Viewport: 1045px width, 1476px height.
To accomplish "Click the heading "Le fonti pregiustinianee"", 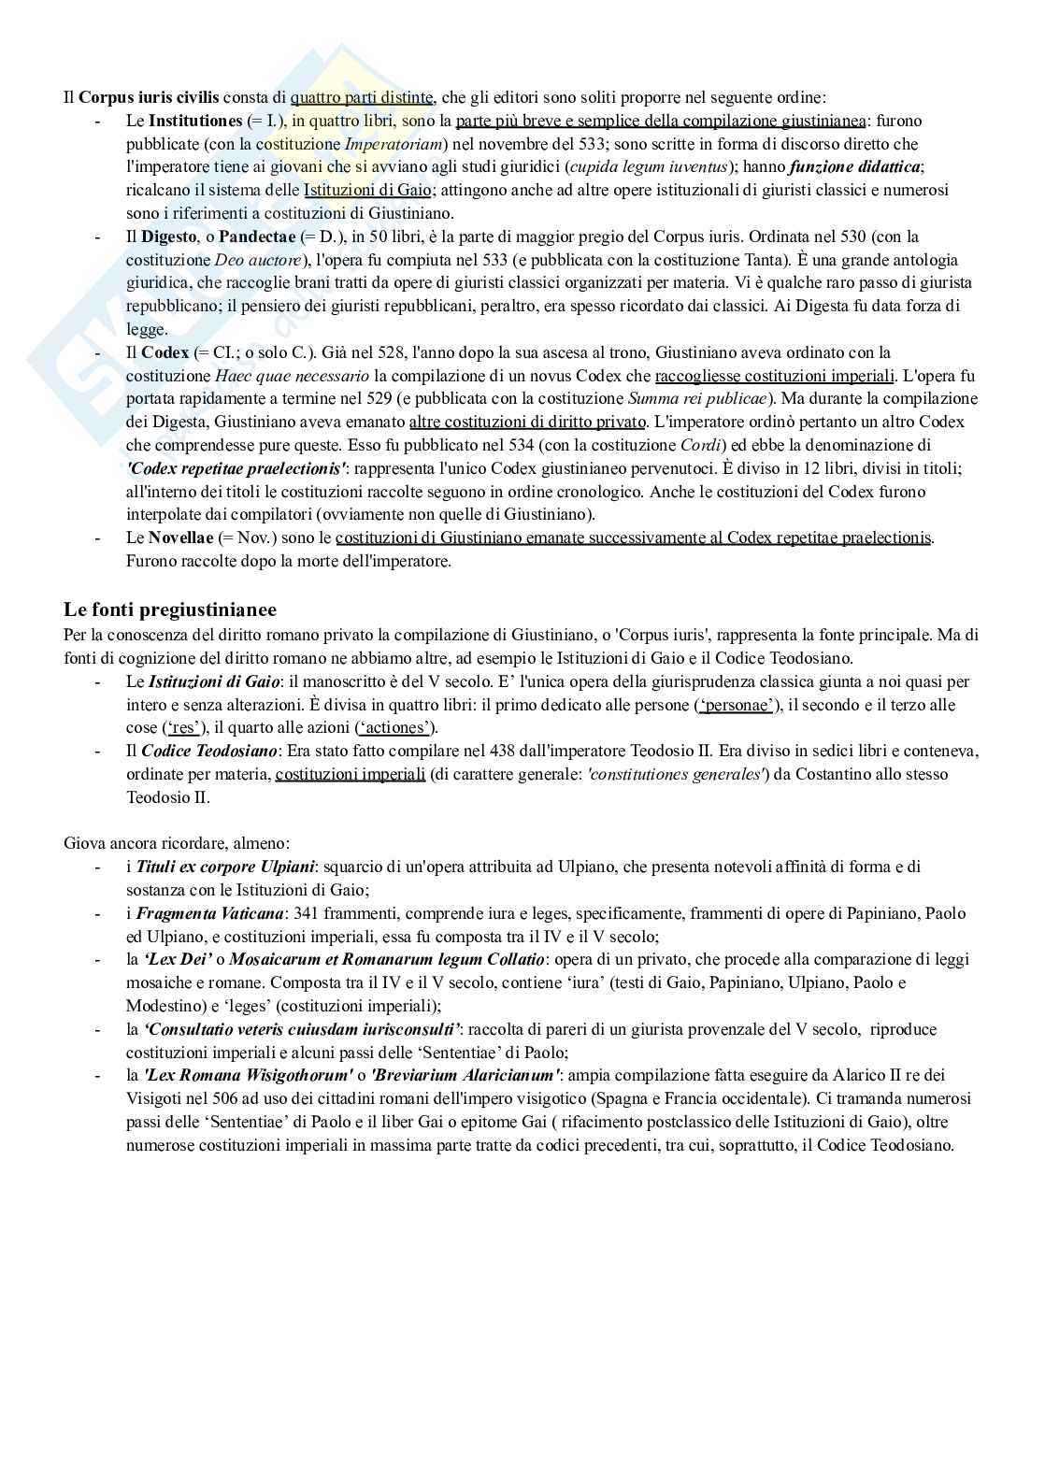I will point(170,610).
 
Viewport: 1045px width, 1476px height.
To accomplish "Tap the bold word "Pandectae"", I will point(257,236).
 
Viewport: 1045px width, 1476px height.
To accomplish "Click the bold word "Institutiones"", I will point(194,121).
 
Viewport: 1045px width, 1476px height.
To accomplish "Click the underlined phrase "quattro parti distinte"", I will point(362,97).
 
